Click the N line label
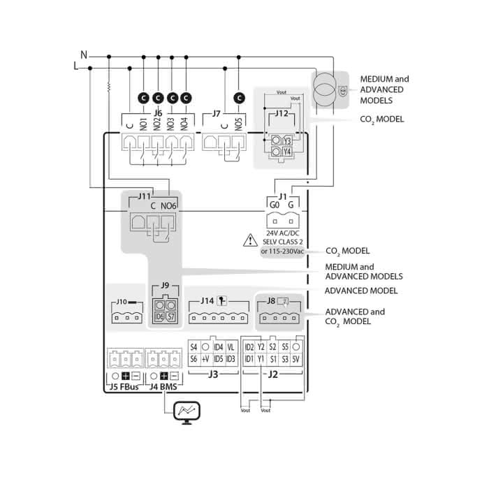pyautogui.click(x=84, y=54)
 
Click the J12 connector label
pyautogui.click(x=281, y=112)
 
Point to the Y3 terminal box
pyautogui.click(x=287, y=140)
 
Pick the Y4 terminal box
pyautogui.click(x=287, y=152)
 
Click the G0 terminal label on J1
pyautogui.click(x=275, y=205)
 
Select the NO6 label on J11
pyautogui.click(x=168, y=205)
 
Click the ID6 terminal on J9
pyautogui.click(x=159, y=316)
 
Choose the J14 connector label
pyautogui.click(x=207, y=300)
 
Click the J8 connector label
pyautogui.click(x=271, y=300)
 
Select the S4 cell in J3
pyautogui.click(x=194, y=346)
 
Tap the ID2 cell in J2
pyautogui.click(x=249, y=346)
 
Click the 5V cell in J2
pyautogui.click(x=296, y=358)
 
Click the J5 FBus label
pyautogui.click(x=124, y=386)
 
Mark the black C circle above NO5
pyautogui.click(x=240, y=98)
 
